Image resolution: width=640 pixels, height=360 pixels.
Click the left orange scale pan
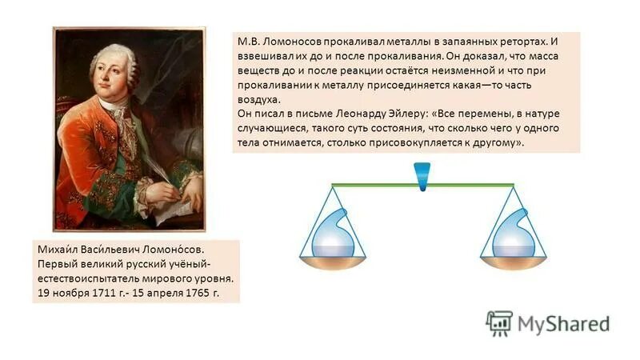click(332, 261)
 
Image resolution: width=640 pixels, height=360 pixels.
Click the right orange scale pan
click(512, 261)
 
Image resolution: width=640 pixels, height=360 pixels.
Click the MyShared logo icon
click(499, 322)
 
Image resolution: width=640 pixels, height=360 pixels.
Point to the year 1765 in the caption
click(196, 294)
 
